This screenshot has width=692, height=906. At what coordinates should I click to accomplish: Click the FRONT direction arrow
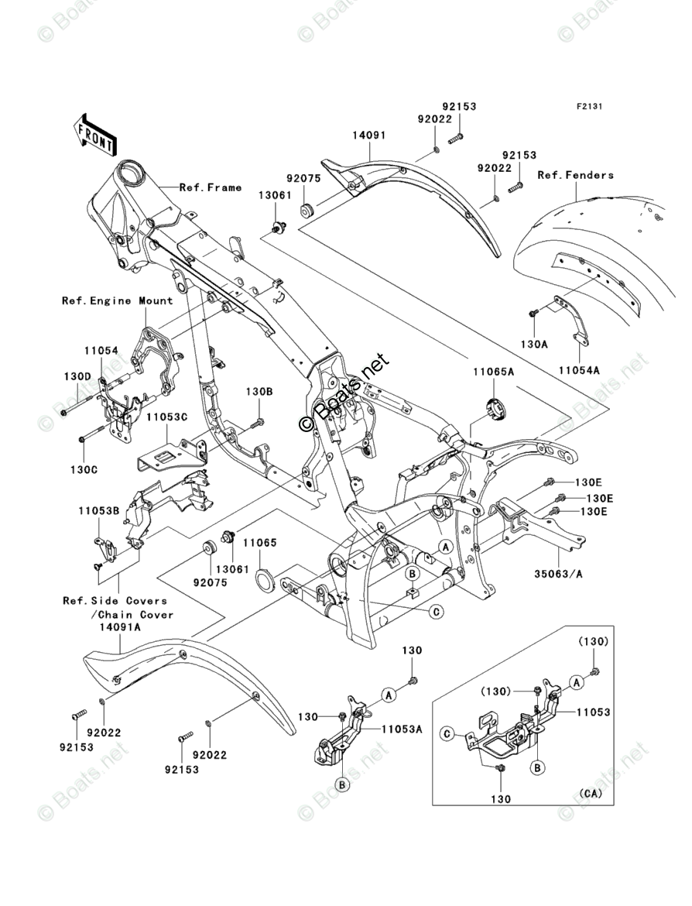pos(92,136)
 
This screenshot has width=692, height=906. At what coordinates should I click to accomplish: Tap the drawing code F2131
pos(588,107)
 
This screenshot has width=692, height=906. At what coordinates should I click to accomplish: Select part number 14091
pos(368,136)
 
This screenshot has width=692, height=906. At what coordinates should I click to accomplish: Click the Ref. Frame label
pos(211,187)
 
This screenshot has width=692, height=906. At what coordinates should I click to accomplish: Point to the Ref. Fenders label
pos(575,174)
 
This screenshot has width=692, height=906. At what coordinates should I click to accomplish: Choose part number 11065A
pos(493,372)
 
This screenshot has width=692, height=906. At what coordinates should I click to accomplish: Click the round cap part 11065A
pos(495,410)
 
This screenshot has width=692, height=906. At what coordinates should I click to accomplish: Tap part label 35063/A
pos(558,575)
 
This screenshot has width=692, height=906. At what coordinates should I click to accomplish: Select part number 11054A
pos(579,370)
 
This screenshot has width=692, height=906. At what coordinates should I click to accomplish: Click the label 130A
pos(533,344)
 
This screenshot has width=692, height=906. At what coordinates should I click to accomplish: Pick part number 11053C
pos(166,417)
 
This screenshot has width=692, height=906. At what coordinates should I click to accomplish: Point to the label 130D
pos(77,376)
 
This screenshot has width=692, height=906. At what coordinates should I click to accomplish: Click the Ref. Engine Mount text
pos(117,300)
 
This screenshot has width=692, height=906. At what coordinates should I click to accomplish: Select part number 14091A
pos(119,627)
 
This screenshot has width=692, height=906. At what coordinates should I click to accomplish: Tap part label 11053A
pos(402,729)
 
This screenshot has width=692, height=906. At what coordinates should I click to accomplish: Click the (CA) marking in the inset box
pos(590,793)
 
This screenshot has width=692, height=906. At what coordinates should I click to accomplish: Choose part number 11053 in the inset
pos(593,712)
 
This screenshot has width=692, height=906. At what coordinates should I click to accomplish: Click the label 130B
pos(259,391)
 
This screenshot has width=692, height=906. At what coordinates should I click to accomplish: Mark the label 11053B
pos(99,511)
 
